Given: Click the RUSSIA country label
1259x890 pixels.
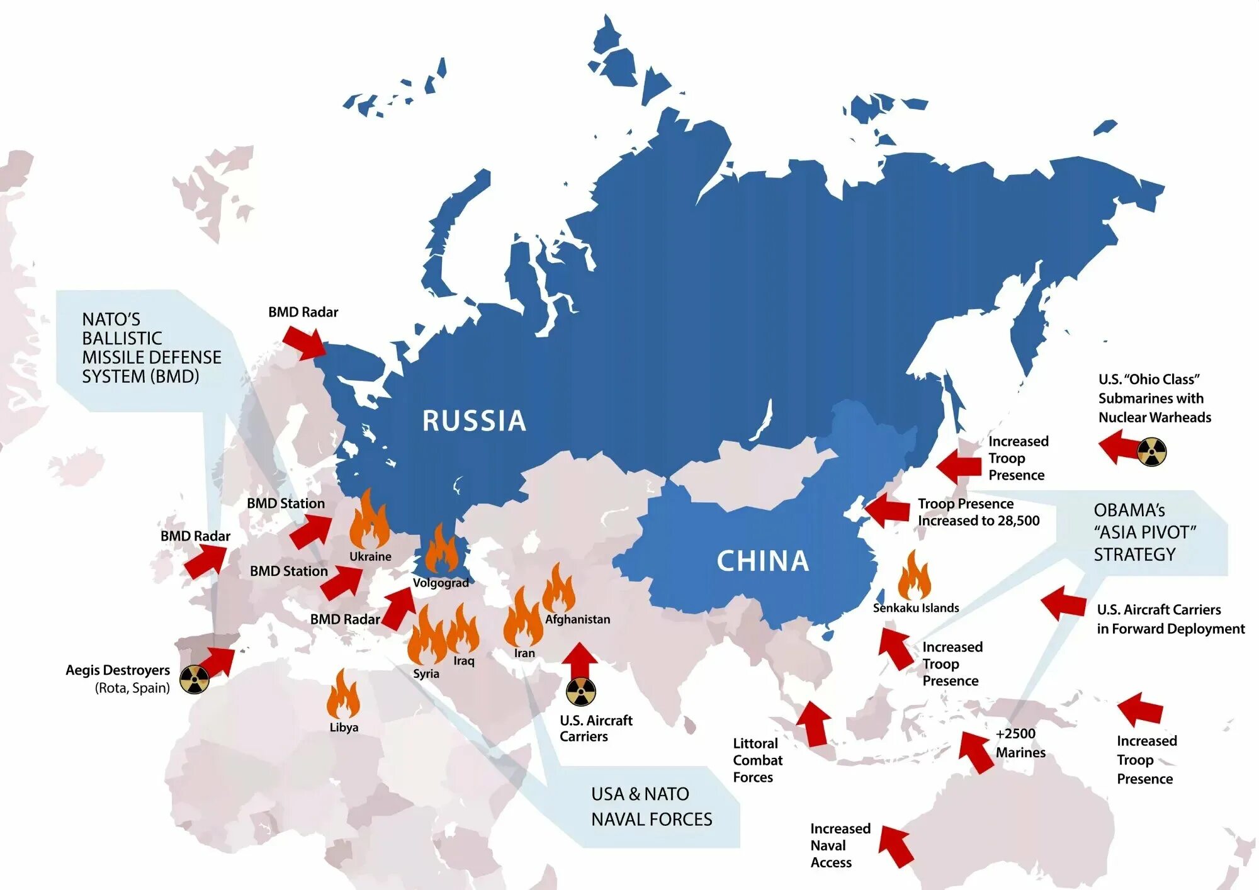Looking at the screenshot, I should [474, 420].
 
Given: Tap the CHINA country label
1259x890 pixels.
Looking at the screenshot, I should [762, 561].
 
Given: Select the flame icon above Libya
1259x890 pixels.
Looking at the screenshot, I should [343, 695].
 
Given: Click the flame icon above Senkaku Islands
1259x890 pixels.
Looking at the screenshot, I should [913, 576].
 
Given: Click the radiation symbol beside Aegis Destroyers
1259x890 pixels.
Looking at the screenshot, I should [195, 679].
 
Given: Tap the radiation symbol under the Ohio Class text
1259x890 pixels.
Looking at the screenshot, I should [1152, 452].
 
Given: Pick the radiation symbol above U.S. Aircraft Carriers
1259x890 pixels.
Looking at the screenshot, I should [580, 692].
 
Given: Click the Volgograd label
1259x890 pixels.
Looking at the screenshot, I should [441, 583].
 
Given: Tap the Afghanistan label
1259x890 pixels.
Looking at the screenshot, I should [577, 619].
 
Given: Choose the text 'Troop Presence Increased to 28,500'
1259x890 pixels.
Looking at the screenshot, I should [978, 512].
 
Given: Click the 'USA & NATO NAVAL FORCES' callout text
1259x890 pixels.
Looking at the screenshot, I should [652, 806].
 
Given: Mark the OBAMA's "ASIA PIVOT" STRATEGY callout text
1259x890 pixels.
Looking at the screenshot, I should [1144, 532].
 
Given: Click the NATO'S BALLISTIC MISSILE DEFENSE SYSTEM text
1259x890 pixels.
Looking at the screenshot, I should [151, 348].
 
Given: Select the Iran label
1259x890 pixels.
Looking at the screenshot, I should [524, 653].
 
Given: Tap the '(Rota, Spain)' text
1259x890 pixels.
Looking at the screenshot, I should [132, 688].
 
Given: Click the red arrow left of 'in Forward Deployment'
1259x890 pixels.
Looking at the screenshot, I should [1063, 604].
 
